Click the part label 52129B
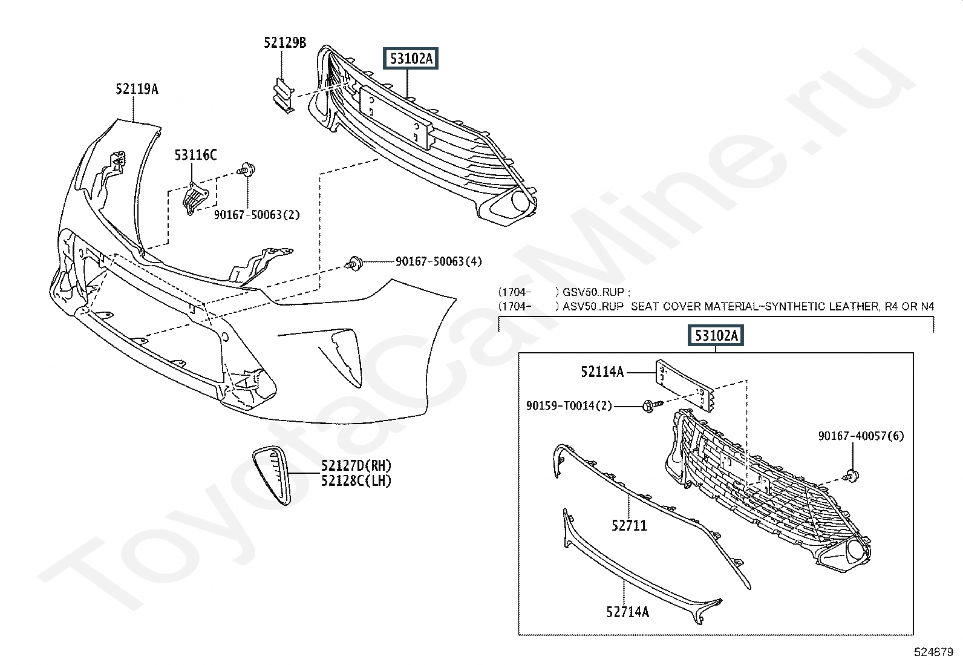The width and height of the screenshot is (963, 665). (x=284, y=42)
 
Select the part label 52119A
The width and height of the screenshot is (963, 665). (x=137, y=89)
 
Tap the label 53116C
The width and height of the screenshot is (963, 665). (x=195, y=156)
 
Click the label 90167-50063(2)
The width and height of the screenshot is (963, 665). (x=256, y=215)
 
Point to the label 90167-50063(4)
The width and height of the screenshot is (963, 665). (x=439, y=261)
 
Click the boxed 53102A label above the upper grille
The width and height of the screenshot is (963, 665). (x=411, y=59)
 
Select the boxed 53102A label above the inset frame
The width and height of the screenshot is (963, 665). (x=716, y=335)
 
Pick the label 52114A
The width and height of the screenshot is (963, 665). (x=602, y=372)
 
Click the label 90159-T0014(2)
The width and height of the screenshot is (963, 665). (x=569, y=406)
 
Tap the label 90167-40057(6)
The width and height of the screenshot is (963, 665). (x=861, y=436)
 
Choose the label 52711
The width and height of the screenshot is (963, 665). (x=629, y=525)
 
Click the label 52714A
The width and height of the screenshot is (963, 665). (x=627, y=612)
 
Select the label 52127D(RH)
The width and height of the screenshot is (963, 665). (x=356, y=465)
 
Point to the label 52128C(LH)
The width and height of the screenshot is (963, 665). (x=356, y=481)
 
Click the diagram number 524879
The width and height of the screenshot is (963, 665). (x=933, y=652)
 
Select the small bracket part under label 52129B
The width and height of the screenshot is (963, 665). (x=281, y=96)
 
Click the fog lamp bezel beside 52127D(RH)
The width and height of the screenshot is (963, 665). (x=272, y=476)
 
